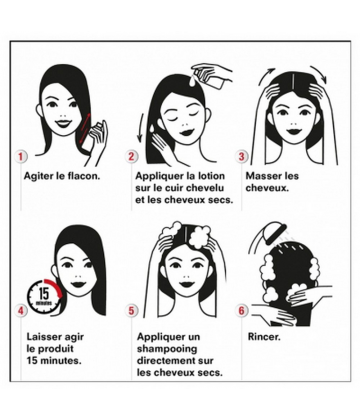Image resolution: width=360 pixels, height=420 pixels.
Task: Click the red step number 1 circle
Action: click(x=21, y=156)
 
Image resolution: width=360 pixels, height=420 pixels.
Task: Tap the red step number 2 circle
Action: click(x=131, y=156)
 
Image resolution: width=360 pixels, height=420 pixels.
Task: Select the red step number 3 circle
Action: click(x=242, y=156)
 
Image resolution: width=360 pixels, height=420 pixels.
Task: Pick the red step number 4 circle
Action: click(x=21, y=311)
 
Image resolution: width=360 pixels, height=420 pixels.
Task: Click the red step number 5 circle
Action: click(x=131, y=311)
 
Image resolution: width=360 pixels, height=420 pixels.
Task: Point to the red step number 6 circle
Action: click(x=242, y=311)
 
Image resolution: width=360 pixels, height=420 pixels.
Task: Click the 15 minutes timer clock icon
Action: click(x=44, y=296)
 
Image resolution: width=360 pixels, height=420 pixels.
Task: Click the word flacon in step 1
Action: click(x=84, y=176)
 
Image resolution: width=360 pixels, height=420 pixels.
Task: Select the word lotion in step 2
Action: click(x=212, y=176)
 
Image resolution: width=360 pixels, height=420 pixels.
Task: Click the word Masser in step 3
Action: click(x=263, y=176)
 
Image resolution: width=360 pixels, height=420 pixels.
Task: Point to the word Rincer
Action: click(x=264, y=337)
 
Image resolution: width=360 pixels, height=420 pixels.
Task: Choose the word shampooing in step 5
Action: click(x=167, y=349)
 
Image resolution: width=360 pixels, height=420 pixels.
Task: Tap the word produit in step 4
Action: click(x=56, y=349)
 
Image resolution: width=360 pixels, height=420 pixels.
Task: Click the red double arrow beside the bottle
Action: click(x=84, y=129)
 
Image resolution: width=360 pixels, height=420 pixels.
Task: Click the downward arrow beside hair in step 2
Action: click(x=140, y=127)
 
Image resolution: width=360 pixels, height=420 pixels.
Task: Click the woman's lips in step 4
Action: click(x=79, y=285)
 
